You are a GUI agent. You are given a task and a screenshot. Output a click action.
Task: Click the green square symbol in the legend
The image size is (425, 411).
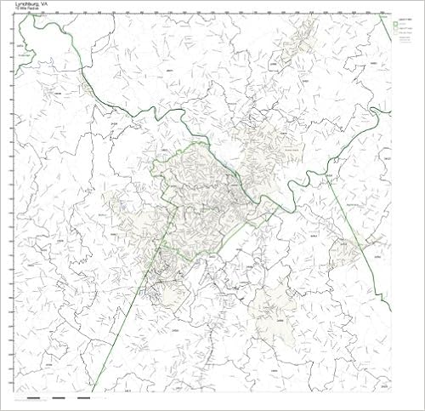coord(399,23)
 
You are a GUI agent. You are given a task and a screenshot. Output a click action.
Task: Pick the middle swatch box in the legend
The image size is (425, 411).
coord(399,28)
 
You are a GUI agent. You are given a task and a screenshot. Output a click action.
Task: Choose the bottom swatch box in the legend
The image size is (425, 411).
coord(399,33)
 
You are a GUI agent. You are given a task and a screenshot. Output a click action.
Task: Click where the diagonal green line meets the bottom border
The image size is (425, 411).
coord(92,391)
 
